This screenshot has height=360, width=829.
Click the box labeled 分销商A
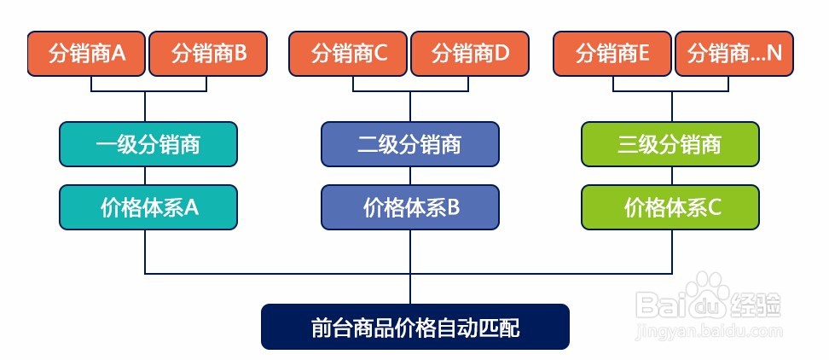coord(86,54)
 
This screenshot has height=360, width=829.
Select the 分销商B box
coord(208,54)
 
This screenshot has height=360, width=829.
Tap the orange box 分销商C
coord(348,54)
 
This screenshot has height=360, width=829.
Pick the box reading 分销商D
coord(470,54)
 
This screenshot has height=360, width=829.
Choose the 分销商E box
coord(612,54)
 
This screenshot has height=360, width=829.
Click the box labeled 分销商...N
coord(734,54)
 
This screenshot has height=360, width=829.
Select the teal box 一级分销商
coord(148,144)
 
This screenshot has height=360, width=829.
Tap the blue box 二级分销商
coord(410,144)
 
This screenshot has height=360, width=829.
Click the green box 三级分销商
coord(670,144)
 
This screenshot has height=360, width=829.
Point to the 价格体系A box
coord(148,207)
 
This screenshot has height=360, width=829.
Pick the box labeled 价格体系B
coord(410,207)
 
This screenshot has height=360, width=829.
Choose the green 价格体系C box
coord(670,207)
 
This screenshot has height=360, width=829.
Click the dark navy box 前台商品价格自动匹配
coord(415,327)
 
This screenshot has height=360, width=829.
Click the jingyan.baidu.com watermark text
coord(710,332)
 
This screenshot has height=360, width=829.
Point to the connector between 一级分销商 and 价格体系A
coord(145,176)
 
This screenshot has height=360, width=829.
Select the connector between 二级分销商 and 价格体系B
coord(410,176)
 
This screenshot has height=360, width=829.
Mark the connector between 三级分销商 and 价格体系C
coord(672,176)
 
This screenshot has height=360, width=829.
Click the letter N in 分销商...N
coord(774,54)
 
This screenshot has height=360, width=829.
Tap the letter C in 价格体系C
coord(714,208)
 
